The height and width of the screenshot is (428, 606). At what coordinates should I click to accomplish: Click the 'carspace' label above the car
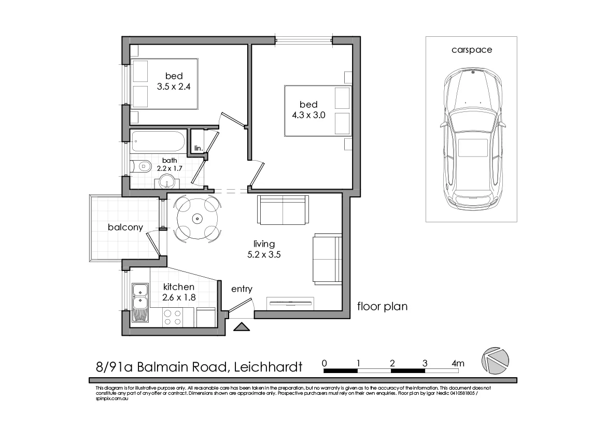(x=471, y=50)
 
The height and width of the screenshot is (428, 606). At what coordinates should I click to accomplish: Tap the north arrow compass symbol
(x=495, y=359)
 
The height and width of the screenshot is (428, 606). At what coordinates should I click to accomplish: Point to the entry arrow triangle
(x=241, y=326)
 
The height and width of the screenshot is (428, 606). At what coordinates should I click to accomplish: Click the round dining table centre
(x=198, y=219)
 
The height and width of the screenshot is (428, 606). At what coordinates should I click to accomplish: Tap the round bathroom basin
(x=166, y=181)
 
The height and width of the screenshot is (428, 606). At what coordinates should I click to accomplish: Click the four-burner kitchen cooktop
(x=172, y=317)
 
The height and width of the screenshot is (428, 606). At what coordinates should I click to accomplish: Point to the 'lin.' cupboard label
(x=198, y=148)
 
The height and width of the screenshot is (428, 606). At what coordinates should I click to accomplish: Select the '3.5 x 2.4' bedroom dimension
(x=174, y=87)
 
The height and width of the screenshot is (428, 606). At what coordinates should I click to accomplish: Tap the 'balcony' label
(x=125, y=227)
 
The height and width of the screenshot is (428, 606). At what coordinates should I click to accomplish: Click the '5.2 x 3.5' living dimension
(x=264, y=254)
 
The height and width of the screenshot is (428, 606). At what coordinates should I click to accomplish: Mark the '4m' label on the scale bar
(x=458, y=363)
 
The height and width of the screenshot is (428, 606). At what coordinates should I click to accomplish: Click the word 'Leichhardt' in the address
(x=268, y=367)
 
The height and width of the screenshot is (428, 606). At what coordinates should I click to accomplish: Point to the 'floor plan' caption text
(x=383, y=306)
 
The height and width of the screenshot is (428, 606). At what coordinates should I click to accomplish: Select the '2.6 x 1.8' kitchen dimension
(x=179, y=297)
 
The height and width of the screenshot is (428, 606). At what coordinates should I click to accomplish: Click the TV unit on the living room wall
(x=290, y=302)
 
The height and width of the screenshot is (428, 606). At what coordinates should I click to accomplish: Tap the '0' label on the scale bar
(x=325, y=363)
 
